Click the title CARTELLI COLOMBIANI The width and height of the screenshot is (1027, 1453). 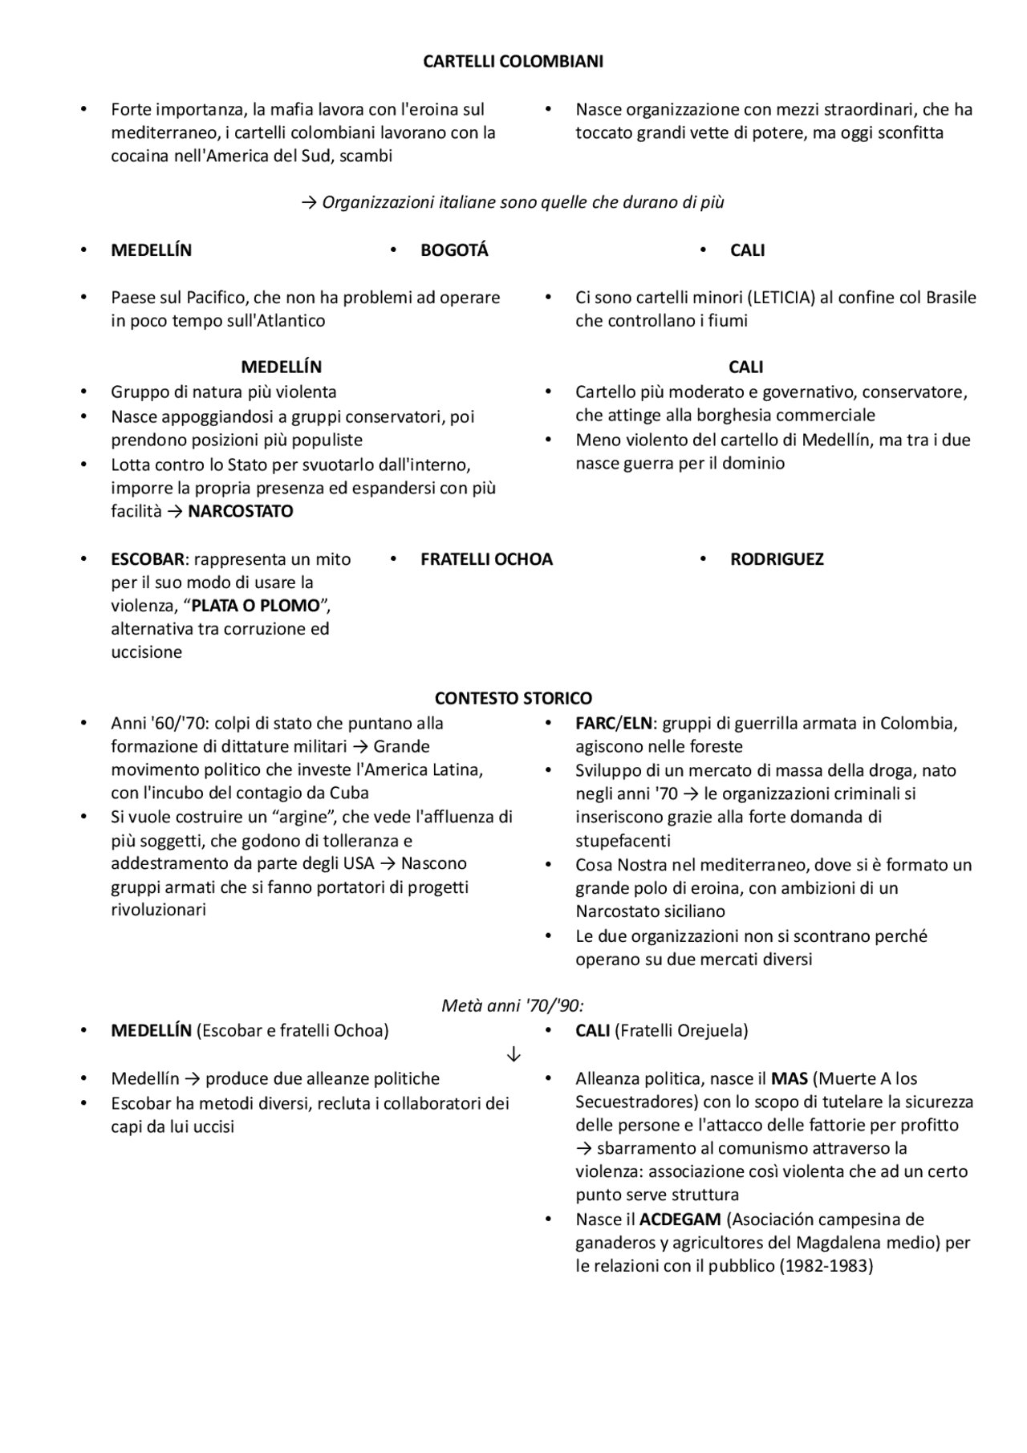click(x=513, y=62)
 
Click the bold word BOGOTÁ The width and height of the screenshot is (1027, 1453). click(x=454, y=250)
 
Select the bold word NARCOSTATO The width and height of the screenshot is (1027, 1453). click(x=240, y=511)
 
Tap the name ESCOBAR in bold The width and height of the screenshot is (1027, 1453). click(x=148, y=559)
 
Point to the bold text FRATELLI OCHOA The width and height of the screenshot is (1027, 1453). click(x=486, y=559)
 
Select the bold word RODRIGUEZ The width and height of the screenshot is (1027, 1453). click(x=776, y=559)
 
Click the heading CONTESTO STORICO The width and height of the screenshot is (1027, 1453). click(x=513, y=699)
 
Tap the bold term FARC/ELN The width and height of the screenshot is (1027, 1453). click(x=614, y=723)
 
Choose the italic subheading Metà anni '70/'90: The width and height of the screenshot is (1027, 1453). click(x=513, y=1005)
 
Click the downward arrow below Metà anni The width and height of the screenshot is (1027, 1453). click(x=513, y=1054)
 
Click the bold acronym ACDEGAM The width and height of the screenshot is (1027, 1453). click(x=680, y=1220)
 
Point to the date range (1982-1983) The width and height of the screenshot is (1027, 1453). click(x=826, y=1266)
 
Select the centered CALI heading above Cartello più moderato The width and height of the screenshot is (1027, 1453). click(x=745, y=367)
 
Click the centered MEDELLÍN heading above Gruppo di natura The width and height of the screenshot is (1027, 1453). click(x=281, y=367)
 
